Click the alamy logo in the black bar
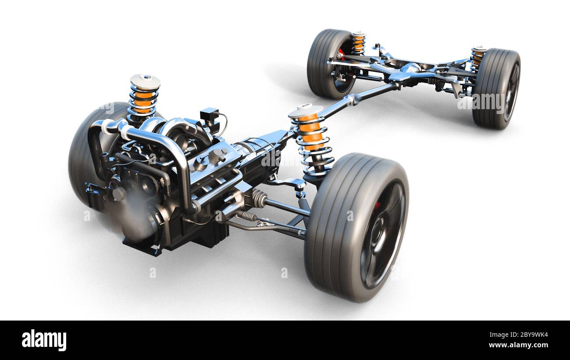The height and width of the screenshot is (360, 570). point(44,340)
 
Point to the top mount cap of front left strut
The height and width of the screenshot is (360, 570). point(145,81)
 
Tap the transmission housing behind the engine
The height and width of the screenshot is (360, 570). point(259,151)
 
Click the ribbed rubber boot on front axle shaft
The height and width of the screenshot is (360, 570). point(259,199)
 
